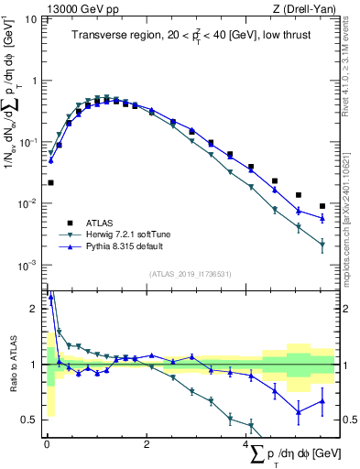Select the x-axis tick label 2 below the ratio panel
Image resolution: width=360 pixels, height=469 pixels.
pos(147,444)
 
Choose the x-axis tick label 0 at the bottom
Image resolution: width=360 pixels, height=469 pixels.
pos(47,444)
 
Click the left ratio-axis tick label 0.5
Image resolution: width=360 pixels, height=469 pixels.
pos(29,420)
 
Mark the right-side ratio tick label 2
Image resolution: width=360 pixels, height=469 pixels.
pos(344,309)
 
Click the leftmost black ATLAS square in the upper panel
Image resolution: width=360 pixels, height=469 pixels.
pos(50,182)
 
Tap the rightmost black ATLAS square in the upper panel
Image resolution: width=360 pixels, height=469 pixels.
pos(322,206)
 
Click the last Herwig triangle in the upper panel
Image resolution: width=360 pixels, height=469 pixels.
pos(322,245)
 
